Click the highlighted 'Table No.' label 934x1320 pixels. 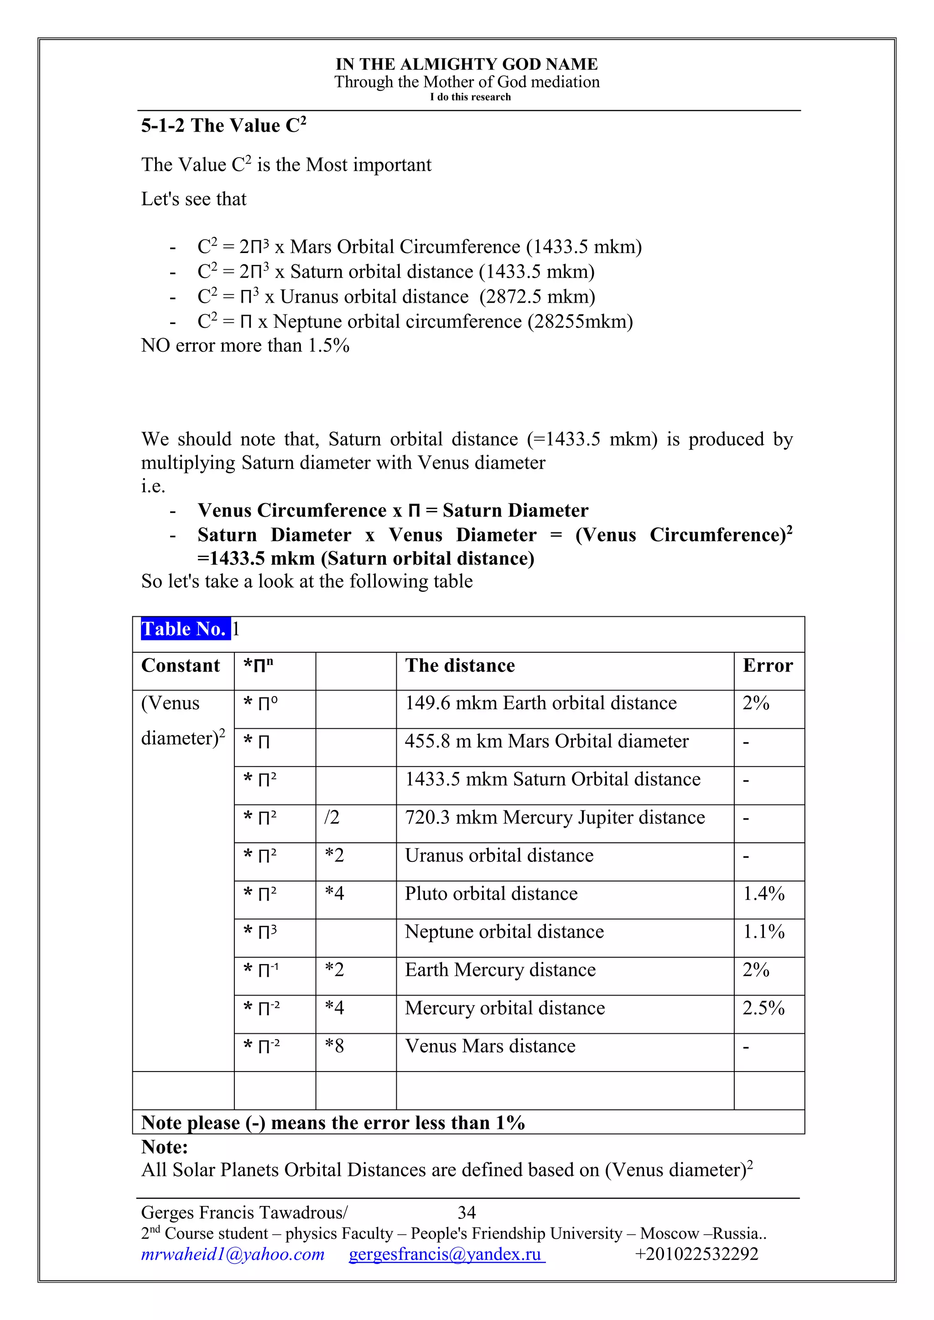(185, 629)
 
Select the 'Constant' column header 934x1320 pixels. (181, 666)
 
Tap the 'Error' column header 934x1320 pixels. (767, 666)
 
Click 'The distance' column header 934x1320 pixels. (460, 666)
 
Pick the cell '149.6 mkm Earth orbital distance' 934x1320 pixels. (540, 703)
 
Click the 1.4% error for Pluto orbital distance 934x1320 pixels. (763, 893)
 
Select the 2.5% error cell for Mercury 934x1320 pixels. (763, 1008)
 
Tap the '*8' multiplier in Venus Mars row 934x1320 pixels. (334, 1046)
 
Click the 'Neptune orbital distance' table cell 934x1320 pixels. (504, 931)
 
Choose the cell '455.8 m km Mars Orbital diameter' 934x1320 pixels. (546, 741)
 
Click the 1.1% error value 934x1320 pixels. (763, 931)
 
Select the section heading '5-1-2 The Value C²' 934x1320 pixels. (224, 125)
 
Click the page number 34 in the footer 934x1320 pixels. (467, 1212)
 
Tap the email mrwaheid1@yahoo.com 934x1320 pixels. (233, 1254)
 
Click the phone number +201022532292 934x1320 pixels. (696, 1254)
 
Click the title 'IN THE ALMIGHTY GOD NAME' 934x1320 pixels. (467, 64)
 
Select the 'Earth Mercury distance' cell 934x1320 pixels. (500, 970)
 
